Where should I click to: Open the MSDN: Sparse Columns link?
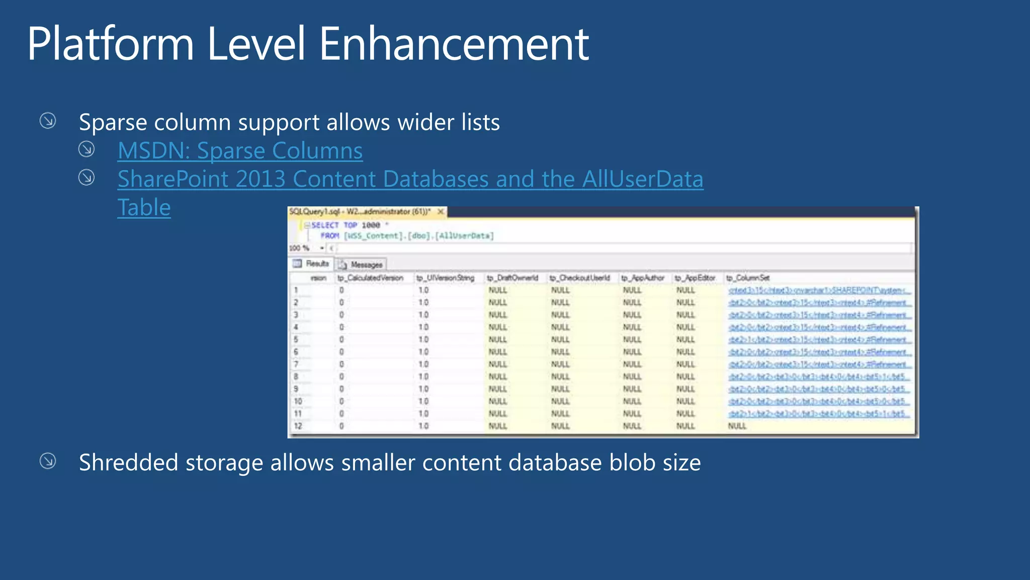coord(240,151)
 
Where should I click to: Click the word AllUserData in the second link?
coord(643,179)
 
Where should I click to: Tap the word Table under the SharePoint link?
coord(144,207)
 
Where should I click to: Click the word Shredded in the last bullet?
coord(128,463)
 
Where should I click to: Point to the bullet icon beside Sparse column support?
coord(48,121)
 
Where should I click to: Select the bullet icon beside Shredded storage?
coord(48,461)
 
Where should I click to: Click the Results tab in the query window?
coord(311,264)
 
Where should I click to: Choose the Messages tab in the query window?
coord(361,265)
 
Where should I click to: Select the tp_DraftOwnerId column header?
coord(512,278)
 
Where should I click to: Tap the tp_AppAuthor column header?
coord(642,278)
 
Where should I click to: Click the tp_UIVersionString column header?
coord(445,278)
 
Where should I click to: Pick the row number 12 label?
coord(298,426)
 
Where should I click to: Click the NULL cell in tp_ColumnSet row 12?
coord(737,426)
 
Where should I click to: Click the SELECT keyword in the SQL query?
coord(324,225)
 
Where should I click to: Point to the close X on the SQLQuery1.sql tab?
coord(441,212)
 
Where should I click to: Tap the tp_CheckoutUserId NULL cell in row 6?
coord(560,352)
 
